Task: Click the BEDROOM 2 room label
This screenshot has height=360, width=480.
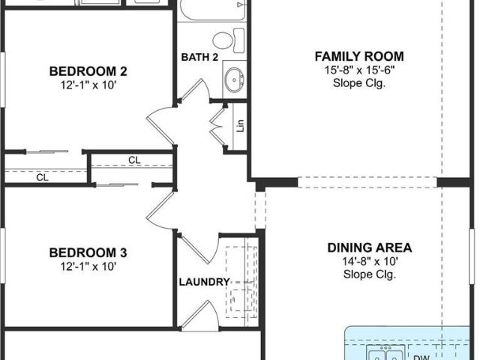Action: click(x=88, y=71)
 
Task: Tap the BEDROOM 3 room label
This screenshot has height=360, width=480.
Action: click(x=88, y=253)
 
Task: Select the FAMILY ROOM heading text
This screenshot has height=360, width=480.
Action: click(x=359, y=57)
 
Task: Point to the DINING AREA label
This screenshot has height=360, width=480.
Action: click(x=370, y=247)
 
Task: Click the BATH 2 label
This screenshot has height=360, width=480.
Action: click(x=199, y=57)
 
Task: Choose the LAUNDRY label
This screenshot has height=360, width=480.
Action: click(x=204, y=282)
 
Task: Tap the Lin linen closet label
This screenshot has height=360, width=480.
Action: click(x=241, y=126)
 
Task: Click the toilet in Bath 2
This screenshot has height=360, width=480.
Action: click(x=229, y=40)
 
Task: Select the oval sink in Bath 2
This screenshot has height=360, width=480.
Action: click(x=234, y=79)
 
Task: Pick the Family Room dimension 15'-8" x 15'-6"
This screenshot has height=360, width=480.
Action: click(x=359, y=70)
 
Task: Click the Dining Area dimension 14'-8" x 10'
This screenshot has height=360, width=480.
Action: click(x=370, y=261)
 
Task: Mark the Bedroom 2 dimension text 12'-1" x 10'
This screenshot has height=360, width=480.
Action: click(x=88, y=85)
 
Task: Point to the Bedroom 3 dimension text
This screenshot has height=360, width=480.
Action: click(x=88, y=266)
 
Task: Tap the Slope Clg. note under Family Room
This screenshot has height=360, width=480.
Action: click(x=359, y=83)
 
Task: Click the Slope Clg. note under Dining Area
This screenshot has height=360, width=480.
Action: click(x=370, y=274)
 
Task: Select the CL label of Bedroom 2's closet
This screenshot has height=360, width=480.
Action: click(x=42, y=177)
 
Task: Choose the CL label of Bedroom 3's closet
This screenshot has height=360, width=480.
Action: click(x=134, y=160)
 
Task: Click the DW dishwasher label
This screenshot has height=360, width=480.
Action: click(x=421, y=357)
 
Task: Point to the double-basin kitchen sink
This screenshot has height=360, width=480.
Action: click(x=386, y=353)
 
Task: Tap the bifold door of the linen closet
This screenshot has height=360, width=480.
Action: click(x=218, y=126)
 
